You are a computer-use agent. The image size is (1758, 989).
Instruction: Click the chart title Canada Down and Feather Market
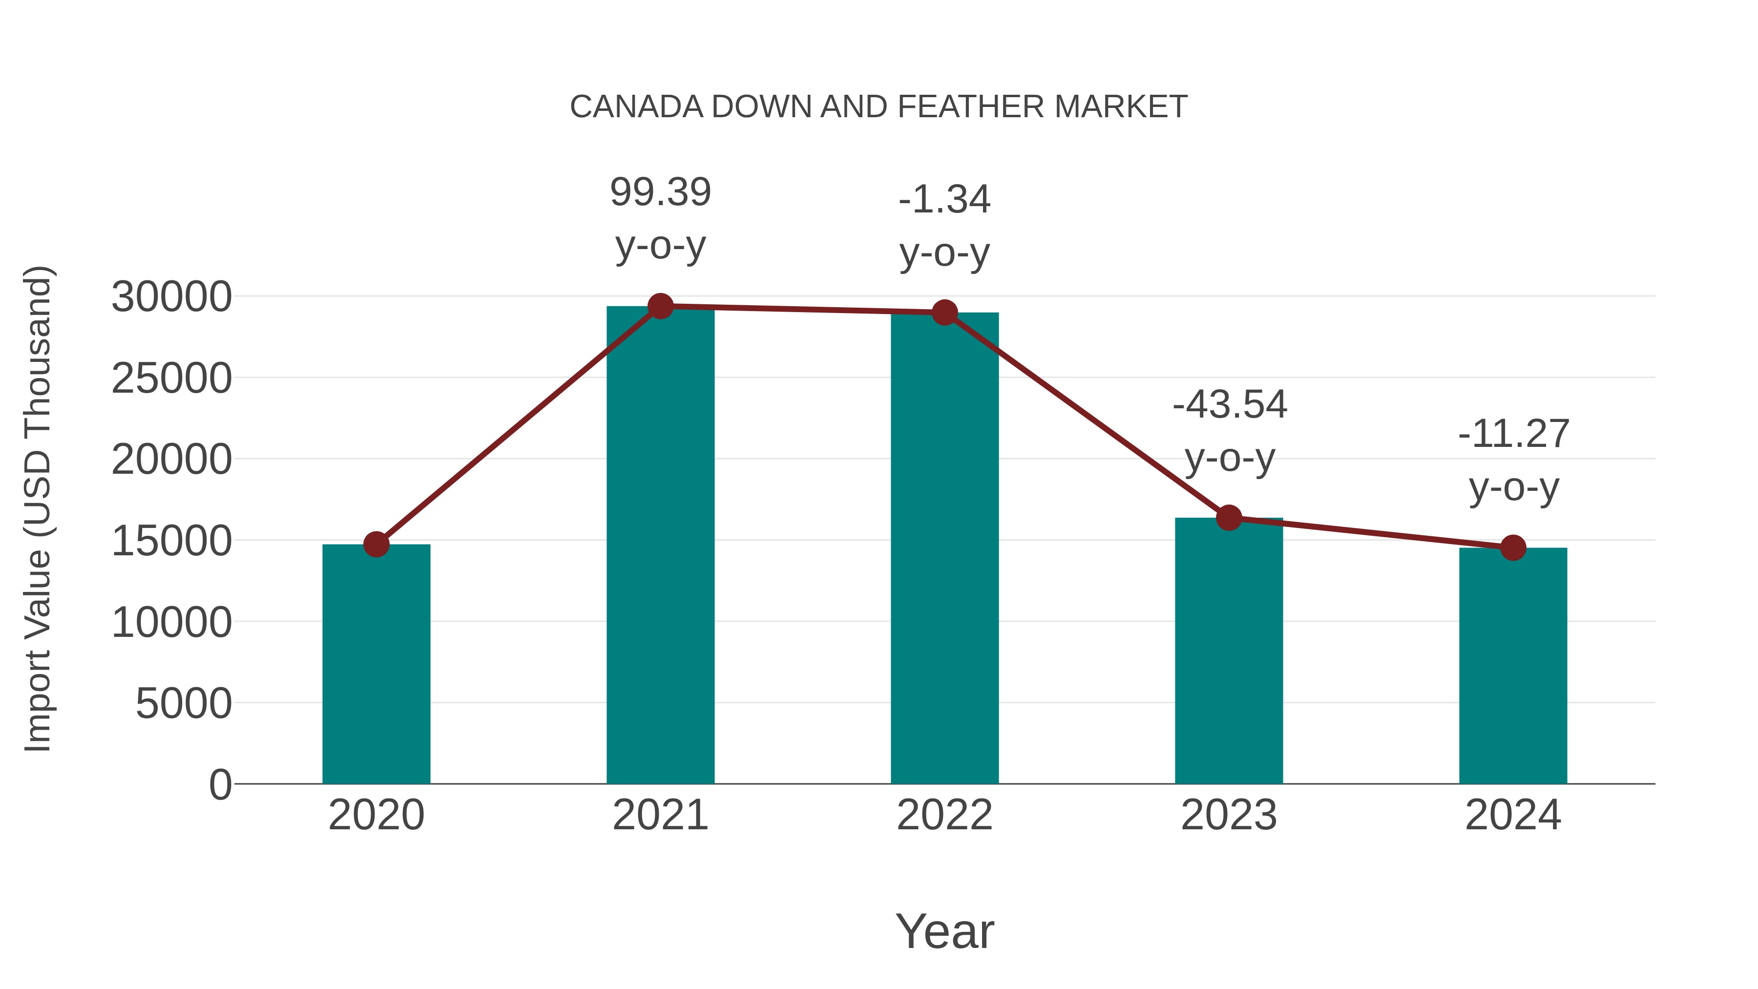click(879, 107)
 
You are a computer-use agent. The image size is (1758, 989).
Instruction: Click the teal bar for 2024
click(1513, 666)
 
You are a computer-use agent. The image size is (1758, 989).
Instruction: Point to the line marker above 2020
click(376, 544)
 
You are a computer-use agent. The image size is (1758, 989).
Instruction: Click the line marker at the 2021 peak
click(660, 306)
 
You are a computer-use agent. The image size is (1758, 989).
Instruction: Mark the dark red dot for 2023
click(1229, 518)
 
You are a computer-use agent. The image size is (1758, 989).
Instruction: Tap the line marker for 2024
click(1513, 547)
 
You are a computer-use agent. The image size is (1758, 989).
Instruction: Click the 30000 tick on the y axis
click(171, 297)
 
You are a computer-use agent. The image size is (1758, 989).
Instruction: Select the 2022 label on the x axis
click(944, 815)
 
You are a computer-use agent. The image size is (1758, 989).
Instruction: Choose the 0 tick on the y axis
click(220, 784)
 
